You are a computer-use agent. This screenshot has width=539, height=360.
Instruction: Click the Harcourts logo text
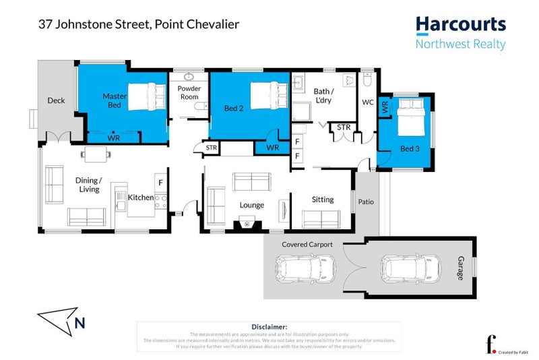[x=460, y=26]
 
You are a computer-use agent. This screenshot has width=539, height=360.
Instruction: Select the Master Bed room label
[x=115, y=100]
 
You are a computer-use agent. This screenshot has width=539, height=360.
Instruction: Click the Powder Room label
[x=189, y=92]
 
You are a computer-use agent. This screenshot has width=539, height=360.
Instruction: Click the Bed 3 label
[x=408, y=148]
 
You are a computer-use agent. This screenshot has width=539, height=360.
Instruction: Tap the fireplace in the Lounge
[x=246, y=224]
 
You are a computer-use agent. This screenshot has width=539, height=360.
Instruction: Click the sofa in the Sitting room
[x=321, y=218]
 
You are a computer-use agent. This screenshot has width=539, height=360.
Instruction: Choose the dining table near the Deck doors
[x=96, y=154]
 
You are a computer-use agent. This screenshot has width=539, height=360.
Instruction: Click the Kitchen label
[x=141, y=198]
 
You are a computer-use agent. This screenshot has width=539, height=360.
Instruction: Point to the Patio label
[x=366, y=201]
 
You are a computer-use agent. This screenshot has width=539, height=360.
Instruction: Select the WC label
[x=368, y=102]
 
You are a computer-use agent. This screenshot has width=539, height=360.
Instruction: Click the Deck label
[x=56, y=101]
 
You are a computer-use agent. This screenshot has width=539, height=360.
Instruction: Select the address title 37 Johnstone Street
[x=137, y=25]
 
